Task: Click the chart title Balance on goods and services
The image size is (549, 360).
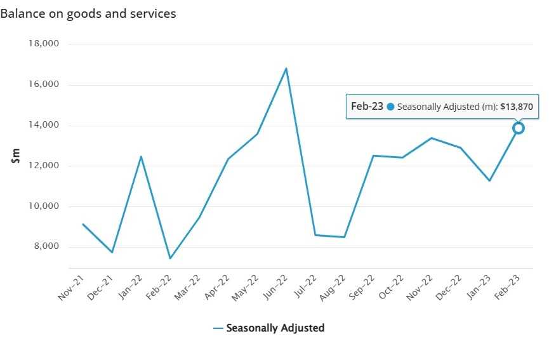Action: coord(88,13)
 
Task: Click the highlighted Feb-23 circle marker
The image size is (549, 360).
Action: coord(518,128)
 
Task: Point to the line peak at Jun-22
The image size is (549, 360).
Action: coord(286,68)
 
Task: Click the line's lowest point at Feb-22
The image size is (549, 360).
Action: coord(170,258)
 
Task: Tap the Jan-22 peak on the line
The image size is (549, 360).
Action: coord(141,156)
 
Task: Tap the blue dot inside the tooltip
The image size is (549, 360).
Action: coord(390,107)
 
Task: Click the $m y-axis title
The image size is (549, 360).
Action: coord(16,156)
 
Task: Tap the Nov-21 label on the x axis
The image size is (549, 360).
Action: coord(70,288)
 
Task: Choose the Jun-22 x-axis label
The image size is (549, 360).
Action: coord(274,288)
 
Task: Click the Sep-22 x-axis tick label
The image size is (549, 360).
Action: coord(360,288)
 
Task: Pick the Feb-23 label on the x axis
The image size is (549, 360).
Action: coord(505,288)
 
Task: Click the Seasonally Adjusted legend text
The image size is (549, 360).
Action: coord(275,328)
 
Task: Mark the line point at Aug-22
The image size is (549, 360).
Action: coord(344,237)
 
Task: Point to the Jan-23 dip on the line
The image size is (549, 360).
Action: coord(489,181)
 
